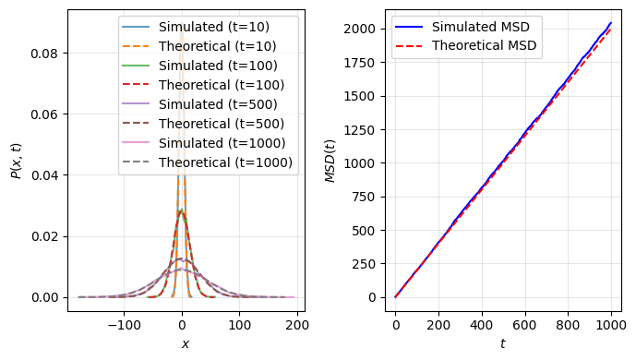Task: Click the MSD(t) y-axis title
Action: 330,161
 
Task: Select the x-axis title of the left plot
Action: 186,344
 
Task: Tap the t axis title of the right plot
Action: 504,344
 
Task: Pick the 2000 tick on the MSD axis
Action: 363,29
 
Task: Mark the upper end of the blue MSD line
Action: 611,23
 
